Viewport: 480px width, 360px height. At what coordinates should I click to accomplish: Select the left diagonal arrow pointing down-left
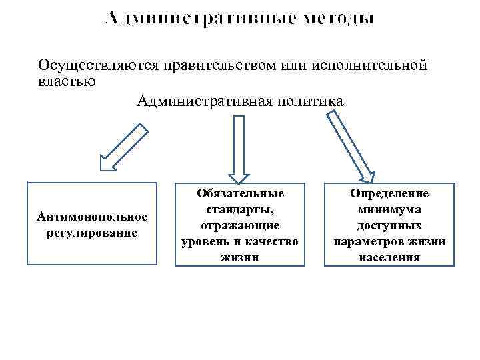123,148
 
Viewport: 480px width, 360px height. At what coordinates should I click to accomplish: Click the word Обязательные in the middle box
240,193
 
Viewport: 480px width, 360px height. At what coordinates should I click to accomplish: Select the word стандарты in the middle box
240,209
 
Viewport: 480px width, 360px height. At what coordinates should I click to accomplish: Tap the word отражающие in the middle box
240,225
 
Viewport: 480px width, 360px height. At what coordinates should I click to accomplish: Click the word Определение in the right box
389,193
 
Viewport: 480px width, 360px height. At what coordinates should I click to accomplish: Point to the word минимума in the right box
389,209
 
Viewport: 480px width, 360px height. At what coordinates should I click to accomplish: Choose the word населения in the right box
389,257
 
